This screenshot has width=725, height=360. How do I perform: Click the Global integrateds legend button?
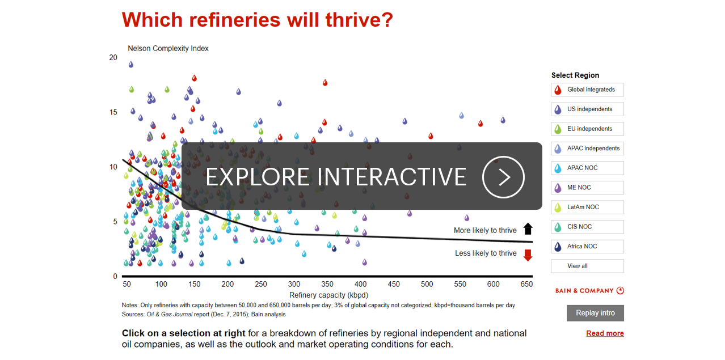pos(587,90)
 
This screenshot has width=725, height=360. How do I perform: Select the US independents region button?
pos(587,109)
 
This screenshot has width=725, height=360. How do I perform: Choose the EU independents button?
pos(587,129)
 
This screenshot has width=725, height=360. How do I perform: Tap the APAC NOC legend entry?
pos(587,168)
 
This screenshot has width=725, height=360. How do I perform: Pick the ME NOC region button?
pos(587,188)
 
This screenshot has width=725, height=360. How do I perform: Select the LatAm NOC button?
pos(587,207)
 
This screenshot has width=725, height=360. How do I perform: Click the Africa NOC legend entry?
pos(587,246)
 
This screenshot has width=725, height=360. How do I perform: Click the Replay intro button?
pos(595,313)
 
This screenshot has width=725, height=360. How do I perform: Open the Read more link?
pos(605,333)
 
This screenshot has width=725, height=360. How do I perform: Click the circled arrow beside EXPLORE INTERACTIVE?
pos(504,177)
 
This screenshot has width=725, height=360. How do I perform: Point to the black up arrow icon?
pos(528,229)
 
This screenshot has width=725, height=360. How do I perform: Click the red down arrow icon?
pos(528,255)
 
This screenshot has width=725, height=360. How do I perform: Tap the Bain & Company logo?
pos(589,291)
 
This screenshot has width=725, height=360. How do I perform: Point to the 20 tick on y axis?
pos(113,57)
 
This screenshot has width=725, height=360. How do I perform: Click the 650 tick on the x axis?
pos(526,284)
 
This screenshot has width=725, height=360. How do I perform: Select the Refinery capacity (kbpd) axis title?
pos(328,295)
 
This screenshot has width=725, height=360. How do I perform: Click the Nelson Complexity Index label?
pos(168,48)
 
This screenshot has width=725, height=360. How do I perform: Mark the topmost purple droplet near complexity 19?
pos(131,64)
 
